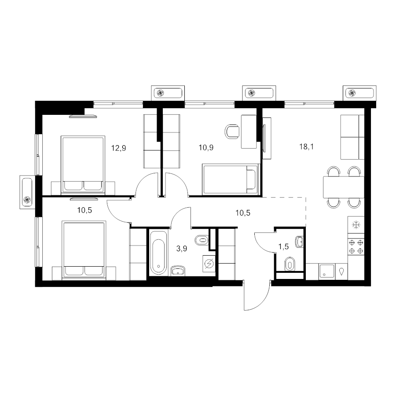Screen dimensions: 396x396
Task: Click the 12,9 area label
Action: point(118,148)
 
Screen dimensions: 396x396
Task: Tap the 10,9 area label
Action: point(206,147)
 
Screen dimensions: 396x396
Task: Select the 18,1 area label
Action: point(306,147)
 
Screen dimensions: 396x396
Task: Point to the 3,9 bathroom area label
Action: point(182,249)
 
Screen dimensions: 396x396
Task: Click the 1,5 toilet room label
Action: point(283,246)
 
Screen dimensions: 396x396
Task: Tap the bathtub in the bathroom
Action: point(158,253)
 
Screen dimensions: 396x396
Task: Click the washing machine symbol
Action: point(209,264)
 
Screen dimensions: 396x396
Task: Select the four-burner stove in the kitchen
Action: point(356,247)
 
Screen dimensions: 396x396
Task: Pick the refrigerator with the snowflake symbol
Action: point(356,224)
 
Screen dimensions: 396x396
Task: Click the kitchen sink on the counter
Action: point(327,271)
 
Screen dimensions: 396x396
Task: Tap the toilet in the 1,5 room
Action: point(290,264)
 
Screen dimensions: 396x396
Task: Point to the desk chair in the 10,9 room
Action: point(232,131)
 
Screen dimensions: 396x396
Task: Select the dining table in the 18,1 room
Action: point(344,187)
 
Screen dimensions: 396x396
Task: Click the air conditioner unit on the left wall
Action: point(27,192)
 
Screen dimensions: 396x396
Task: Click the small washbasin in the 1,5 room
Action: point(300,242)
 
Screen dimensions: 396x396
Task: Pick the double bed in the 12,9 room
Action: point(83,165)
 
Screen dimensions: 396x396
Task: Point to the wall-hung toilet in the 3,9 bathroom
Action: point(202,240)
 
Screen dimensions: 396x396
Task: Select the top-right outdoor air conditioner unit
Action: point(359,93)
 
